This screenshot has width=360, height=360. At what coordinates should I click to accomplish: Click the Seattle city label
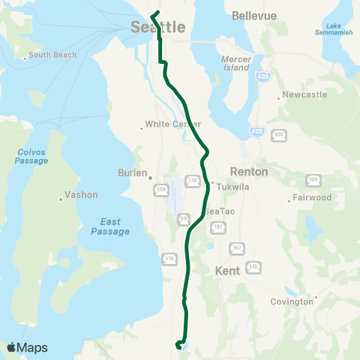[157, 27]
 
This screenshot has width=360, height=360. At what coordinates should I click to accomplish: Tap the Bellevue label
[254, 15]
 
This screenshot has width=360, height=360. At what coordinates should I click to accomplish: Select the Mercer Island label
[236, 62]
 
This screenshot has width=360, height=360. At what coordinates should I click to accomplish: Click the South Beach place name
[50, 55]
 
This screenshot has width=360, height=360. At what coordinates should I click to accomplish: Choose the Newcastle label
[303, 95]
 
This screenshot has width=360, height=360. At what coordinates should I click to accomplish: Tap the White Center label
[173, 124]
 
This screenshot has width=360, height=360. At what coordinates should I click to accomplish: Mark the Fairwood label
[310, 199]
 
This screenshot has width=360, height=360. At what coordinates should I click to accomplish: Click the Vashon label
[81, 195]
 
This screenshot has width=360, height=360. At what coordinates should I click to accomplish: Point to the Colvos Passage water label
[32, 155]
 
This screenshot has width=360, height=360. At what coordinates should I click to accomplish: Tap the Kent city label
[226, 270]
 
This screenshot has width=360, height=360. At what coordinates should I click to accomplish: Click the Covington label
[292, 301]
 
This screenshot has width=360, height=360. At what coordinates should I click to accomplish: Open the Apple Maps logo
[27, 347]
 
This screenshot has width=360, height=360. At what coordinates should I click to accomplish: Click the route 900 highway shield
[279, 134]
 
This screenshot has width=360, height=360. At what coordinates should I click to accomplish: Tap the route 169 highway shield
[313, 180]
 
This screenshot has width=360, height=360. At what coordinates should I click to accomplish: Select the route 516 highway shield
[168, 258]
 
